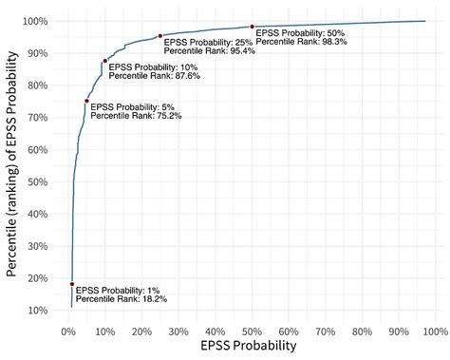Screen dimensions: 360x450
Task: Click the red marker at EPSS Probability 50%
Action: [252, 27]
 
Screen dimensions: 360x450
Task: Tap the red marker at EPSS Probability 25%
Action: [159, 36]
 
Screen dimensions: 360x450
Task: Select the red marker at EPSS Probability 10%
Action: [104, 61]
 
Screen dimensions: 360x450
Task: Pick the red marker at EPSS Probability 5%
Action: [86, 101]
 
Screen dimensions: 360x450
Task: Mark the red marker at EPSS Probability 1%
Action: [72, 283]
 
